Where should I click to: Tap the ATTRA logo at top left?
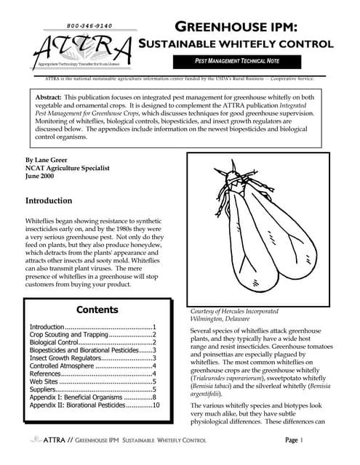(x=81, y=49)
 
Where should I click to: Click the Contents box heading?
(x=97, y=310)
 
